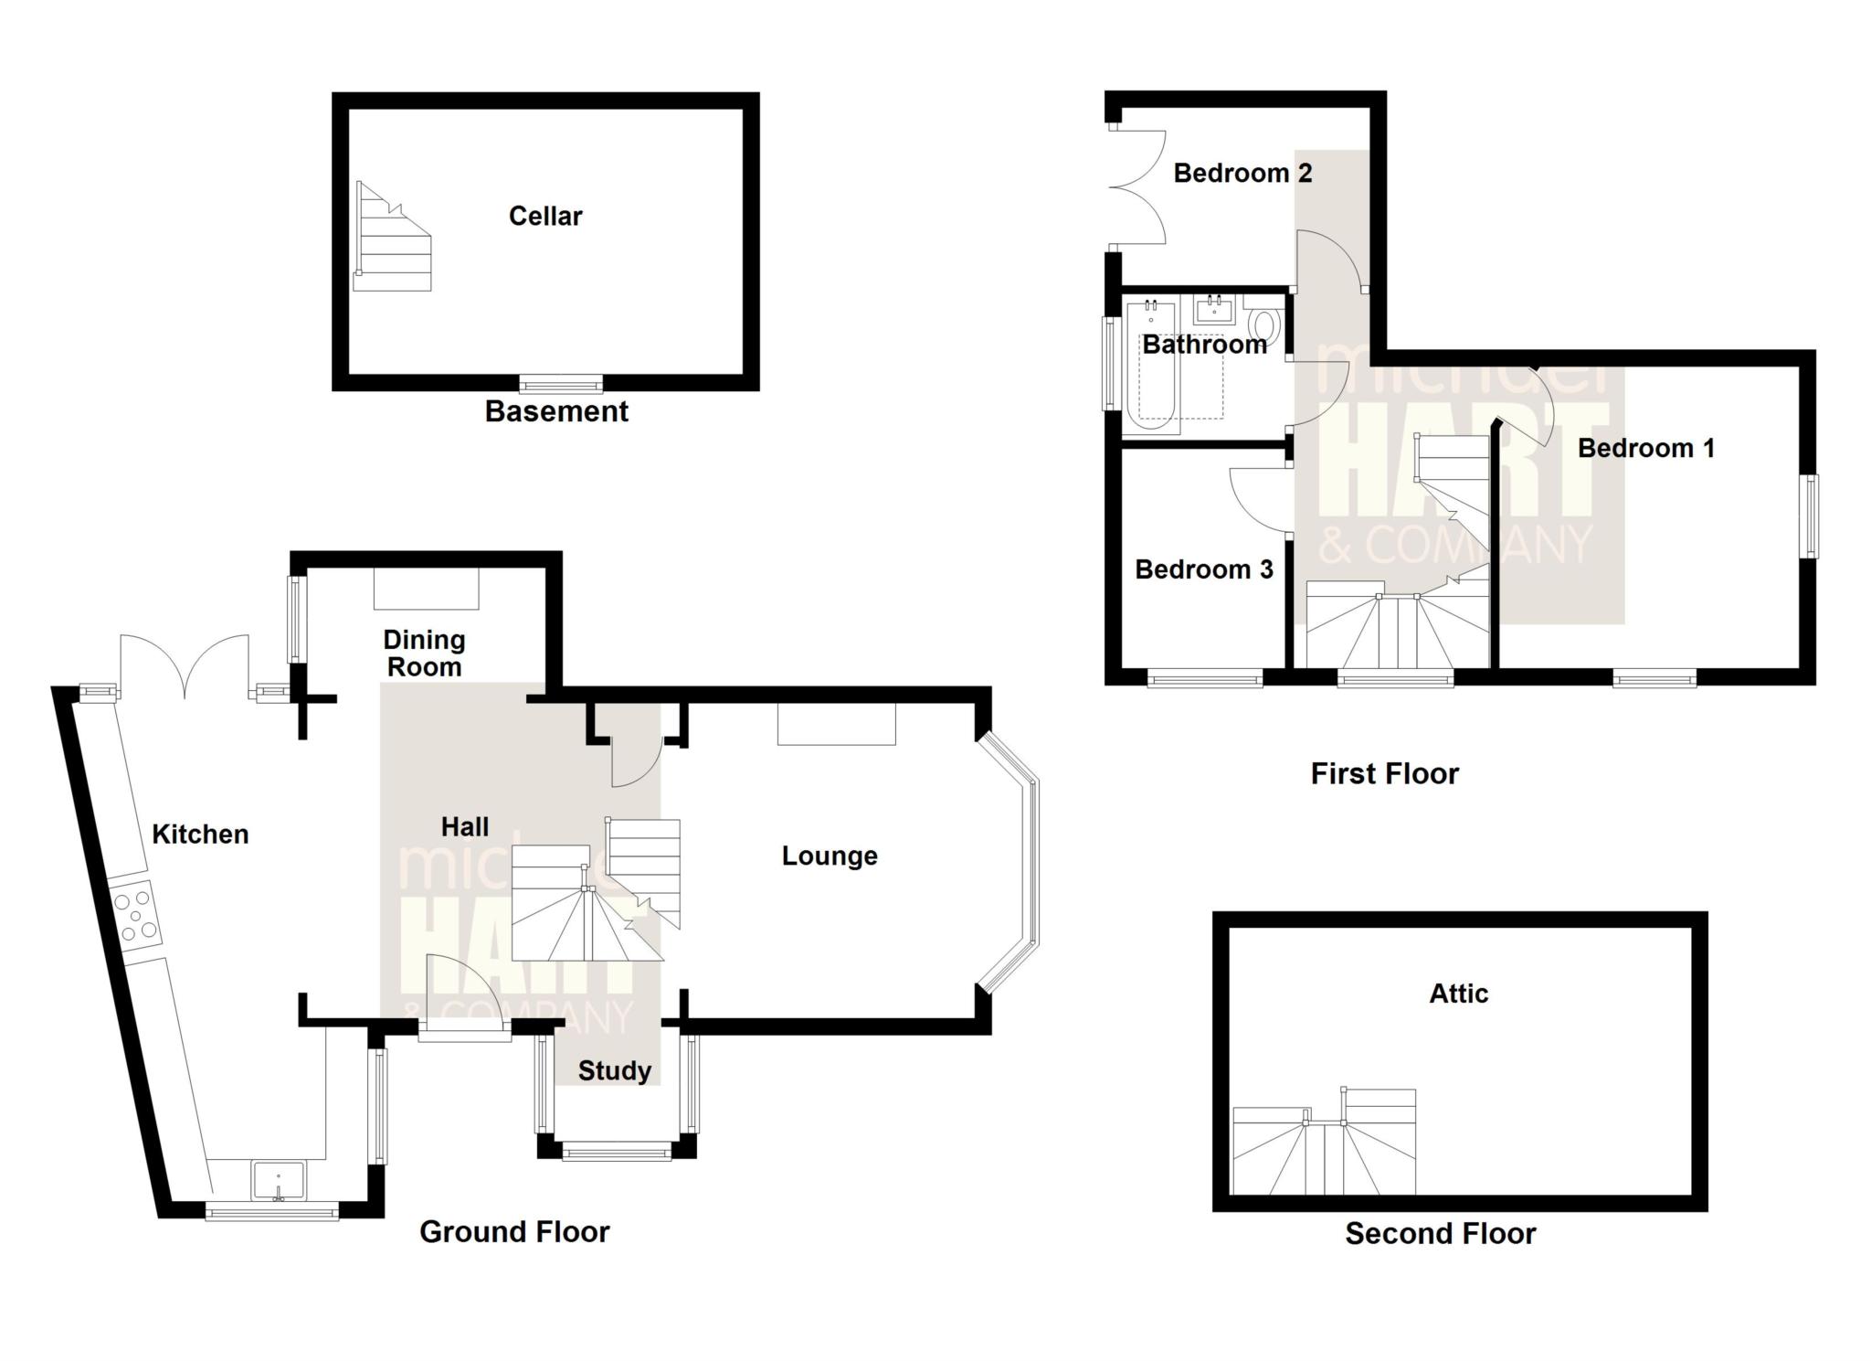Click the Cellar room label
click(x=545, y=217)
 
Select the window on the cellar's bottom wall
click(x=561, y=383)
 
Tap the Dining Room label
click(x=424, y=654)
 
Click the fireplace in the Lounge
click(x=836, y=725)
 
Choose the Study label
click(x=615, y=1070)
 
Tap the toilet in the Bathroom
click(x=1265, y=324)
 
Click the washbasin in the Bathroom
click(x=1214, y=310)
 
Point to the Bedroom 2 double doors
click(x=1137, y=188)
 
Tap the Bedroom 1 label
click(x=1645, y=448)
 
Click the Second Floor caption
click(x=1440, y=1234)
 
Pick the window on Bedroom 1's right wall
click(x=1808, y=516)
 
